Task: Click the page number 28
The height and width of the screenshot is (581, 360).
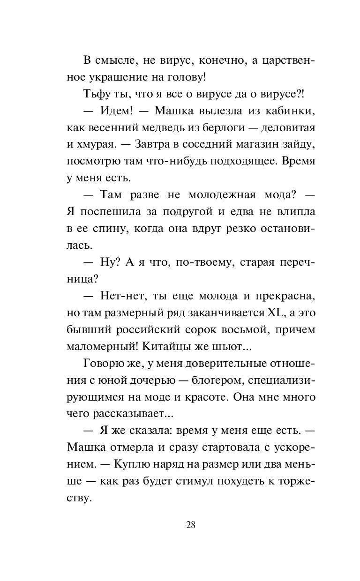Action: click(190, 524)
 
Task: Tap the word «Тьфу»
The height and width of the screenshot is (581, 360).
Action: click(95, 93)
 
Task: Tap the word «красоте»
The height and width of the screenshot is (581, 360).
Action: click(211, 397)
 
